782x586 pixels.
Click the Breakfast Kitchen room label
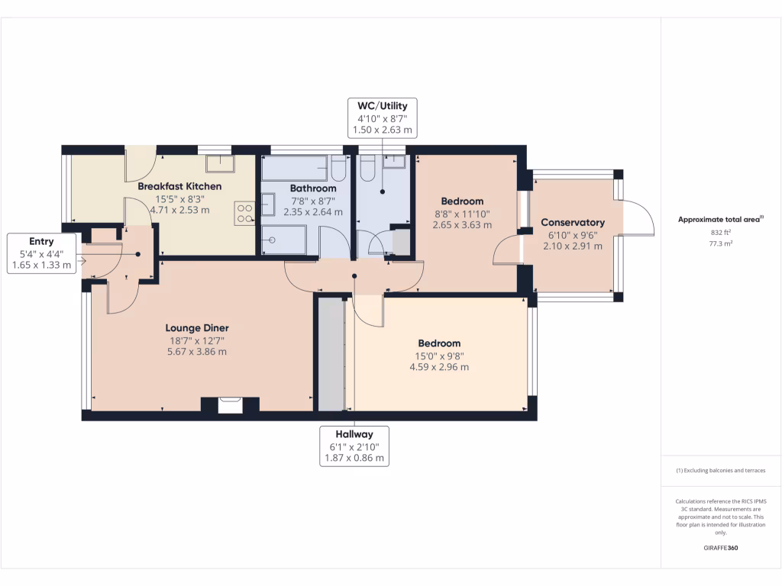click(179, 186)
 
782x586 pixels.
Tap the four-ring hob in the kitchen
click(245, 212)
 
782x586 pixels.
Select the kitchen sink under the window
click(220, 163)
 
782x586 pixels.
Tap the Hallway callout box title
click(354, 434)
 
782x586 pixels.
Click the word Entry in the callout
click(41, 241)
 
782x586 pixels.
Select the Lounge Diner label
click(197, 328)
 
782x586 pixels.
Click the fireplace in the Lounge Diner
click(230, 404)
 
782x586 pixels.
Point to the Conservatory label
click(573, 222)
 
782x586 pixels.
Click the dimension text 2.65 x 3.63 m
click(461, 225)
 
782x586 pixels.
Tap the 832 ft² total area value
click(721, 232)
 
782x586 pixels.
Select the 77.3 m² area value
click(721, 244)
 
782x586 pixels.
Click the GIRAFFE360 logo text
click(721, 548)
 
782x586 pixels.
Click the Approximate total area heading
click(720, 220)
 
